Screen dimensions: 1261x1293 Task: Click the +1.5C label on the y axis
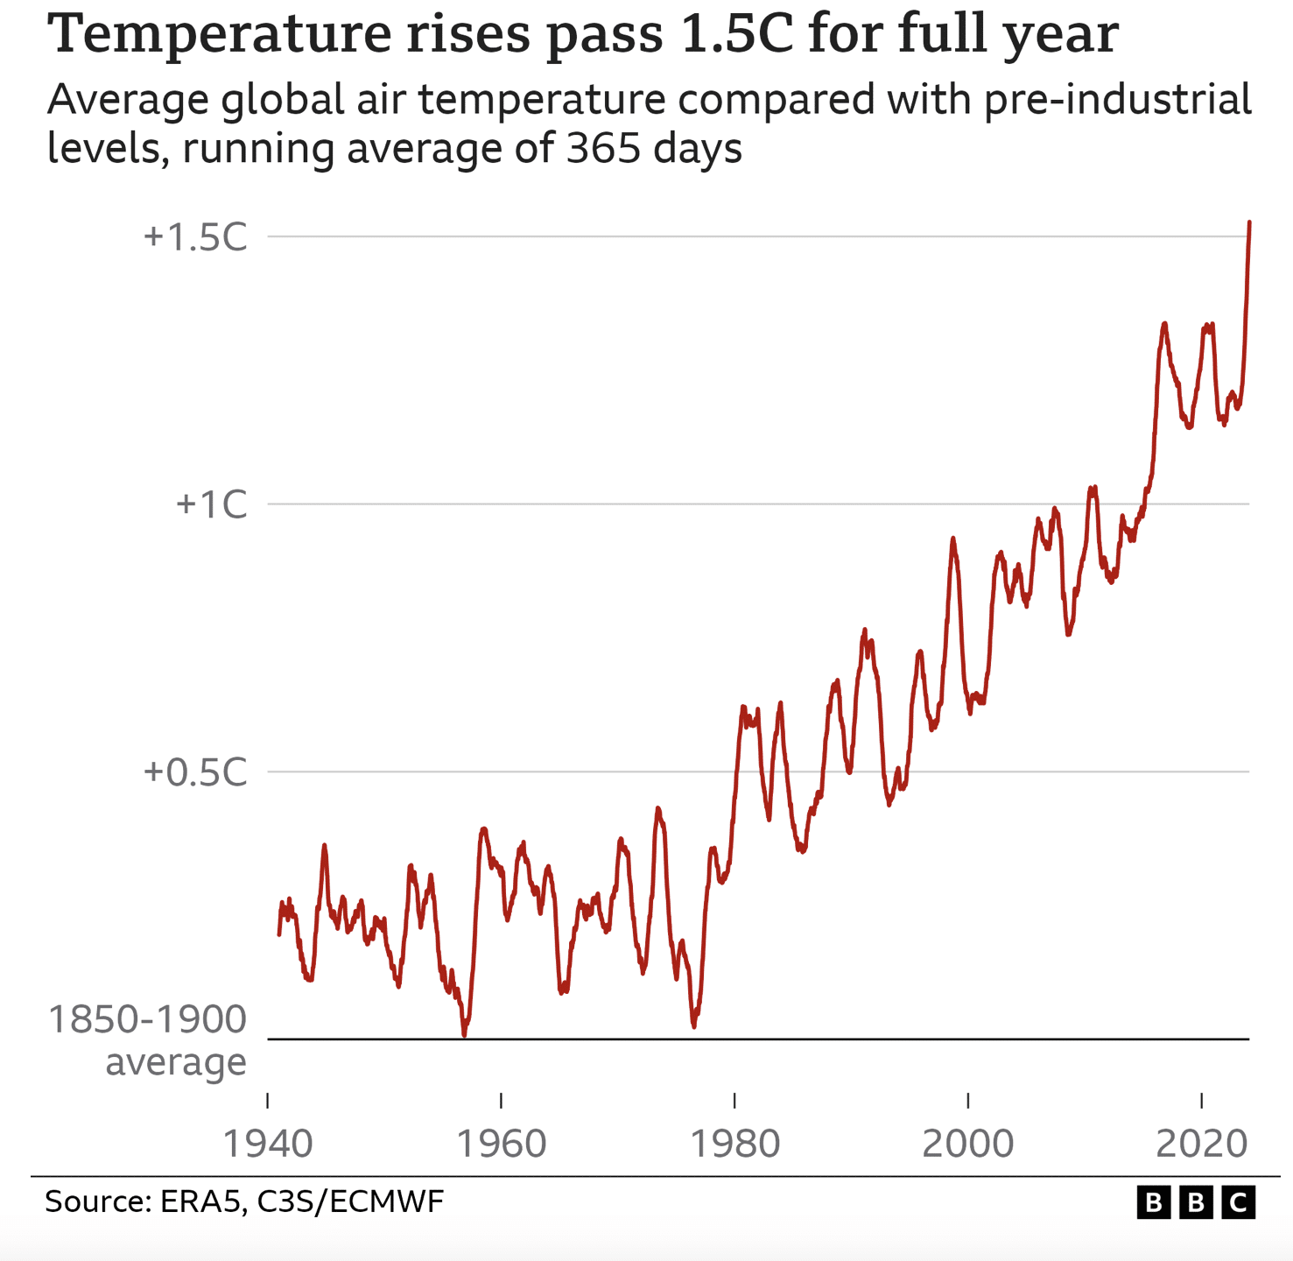tap(195, 237)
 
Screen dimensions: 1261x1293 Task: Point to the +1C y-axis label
tap(212, 505)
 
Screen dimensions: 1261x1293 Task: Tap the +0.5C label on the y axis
tap(195, 773)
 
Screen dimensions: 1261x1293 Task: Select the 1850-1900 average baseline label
tap(147, 1041)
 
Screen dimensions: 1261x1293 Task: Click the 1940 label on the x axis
tap(268, 1144)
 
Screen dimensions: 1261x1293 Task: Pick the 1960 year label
tap(502, 1144)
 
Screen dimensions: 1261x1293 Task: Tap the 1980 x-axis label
tap(735, 1144)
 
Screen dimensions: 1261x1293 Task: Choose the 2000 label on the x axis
tap(968, 1144)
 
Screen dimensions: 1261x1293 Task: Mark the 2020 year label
tap(1202, 1144)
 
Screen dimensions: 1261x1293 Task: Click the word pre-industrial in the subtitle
tap(1117, 100)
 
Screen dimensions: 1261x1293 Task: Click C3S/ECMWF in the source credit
tap(350, 1201)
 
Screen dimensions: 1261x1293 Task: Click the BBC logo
tap(1196, 1203)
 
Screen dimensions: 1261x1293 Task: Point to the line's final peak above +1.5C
tap(1249, 223)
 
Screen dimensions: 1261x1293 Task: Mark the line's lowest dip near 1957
tap(464, 1035)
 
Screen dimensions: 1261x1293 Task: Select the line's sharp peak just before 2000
tap(952, 539)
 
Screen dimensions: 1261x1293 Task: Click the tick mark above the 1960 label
tap(501, 1101)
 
